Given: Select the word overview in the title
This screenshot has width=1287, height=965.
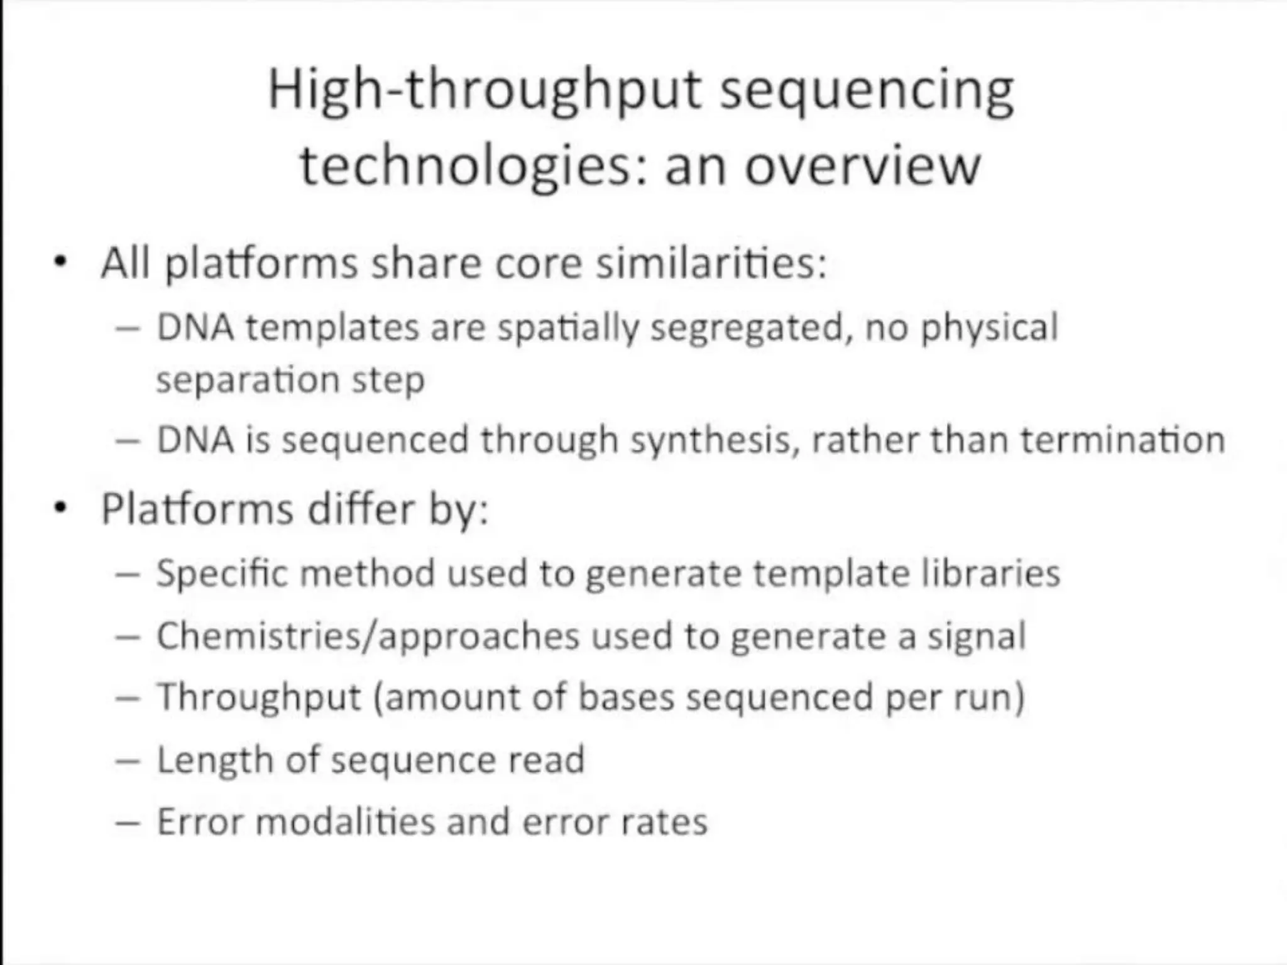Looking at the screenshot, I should tap(862, 167).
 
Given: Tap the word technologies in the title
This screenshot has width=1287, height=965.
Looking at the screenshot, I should tap(465, 167).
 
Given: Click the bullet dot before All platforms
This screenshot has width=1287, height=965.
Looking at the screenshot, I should tap(60, 262).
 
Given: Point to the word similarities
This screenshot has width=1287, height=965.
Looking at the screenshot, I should tap(711, 263).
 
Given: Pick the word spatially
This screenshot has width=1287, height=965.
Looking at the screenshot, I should tap(567, 329).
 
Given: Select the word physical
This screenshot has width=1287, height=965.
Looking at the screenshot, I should tap(989, 329).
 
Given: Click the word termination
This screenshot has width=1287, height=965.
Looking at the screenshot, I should tap(1122, 440).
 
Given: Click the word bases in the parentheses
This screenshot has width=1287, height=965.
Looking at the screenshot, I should tap(625, 697).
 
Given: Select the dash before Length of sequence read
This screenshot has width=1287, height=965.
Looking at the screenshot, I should tap(128, 761).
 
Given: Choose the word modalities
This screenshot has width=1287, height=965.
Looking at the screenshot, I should tap(345, 822).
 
